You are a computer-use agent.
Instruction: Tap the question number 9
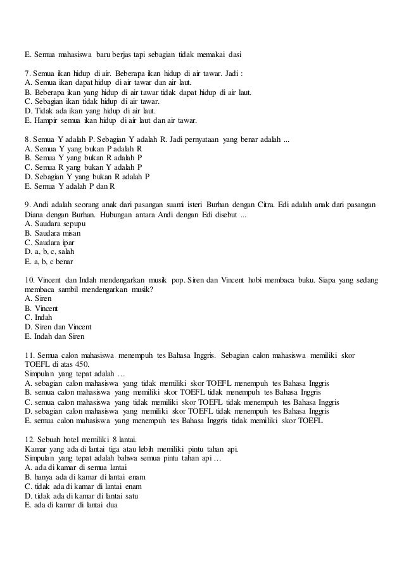pyautogui.click(x=27, y=205)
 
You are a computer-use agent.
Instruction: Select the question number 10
pyautogui.click(x=29, y=280)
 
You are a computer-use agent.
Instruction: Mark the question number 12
pyautogui.click(x=29, y=440)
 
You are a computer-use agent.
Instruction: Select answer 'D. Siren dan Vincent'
pyautogui.click(x=58, y=327)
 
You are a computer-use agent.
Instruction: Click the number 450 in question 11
pyautogui.click(x=82, y=364)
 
